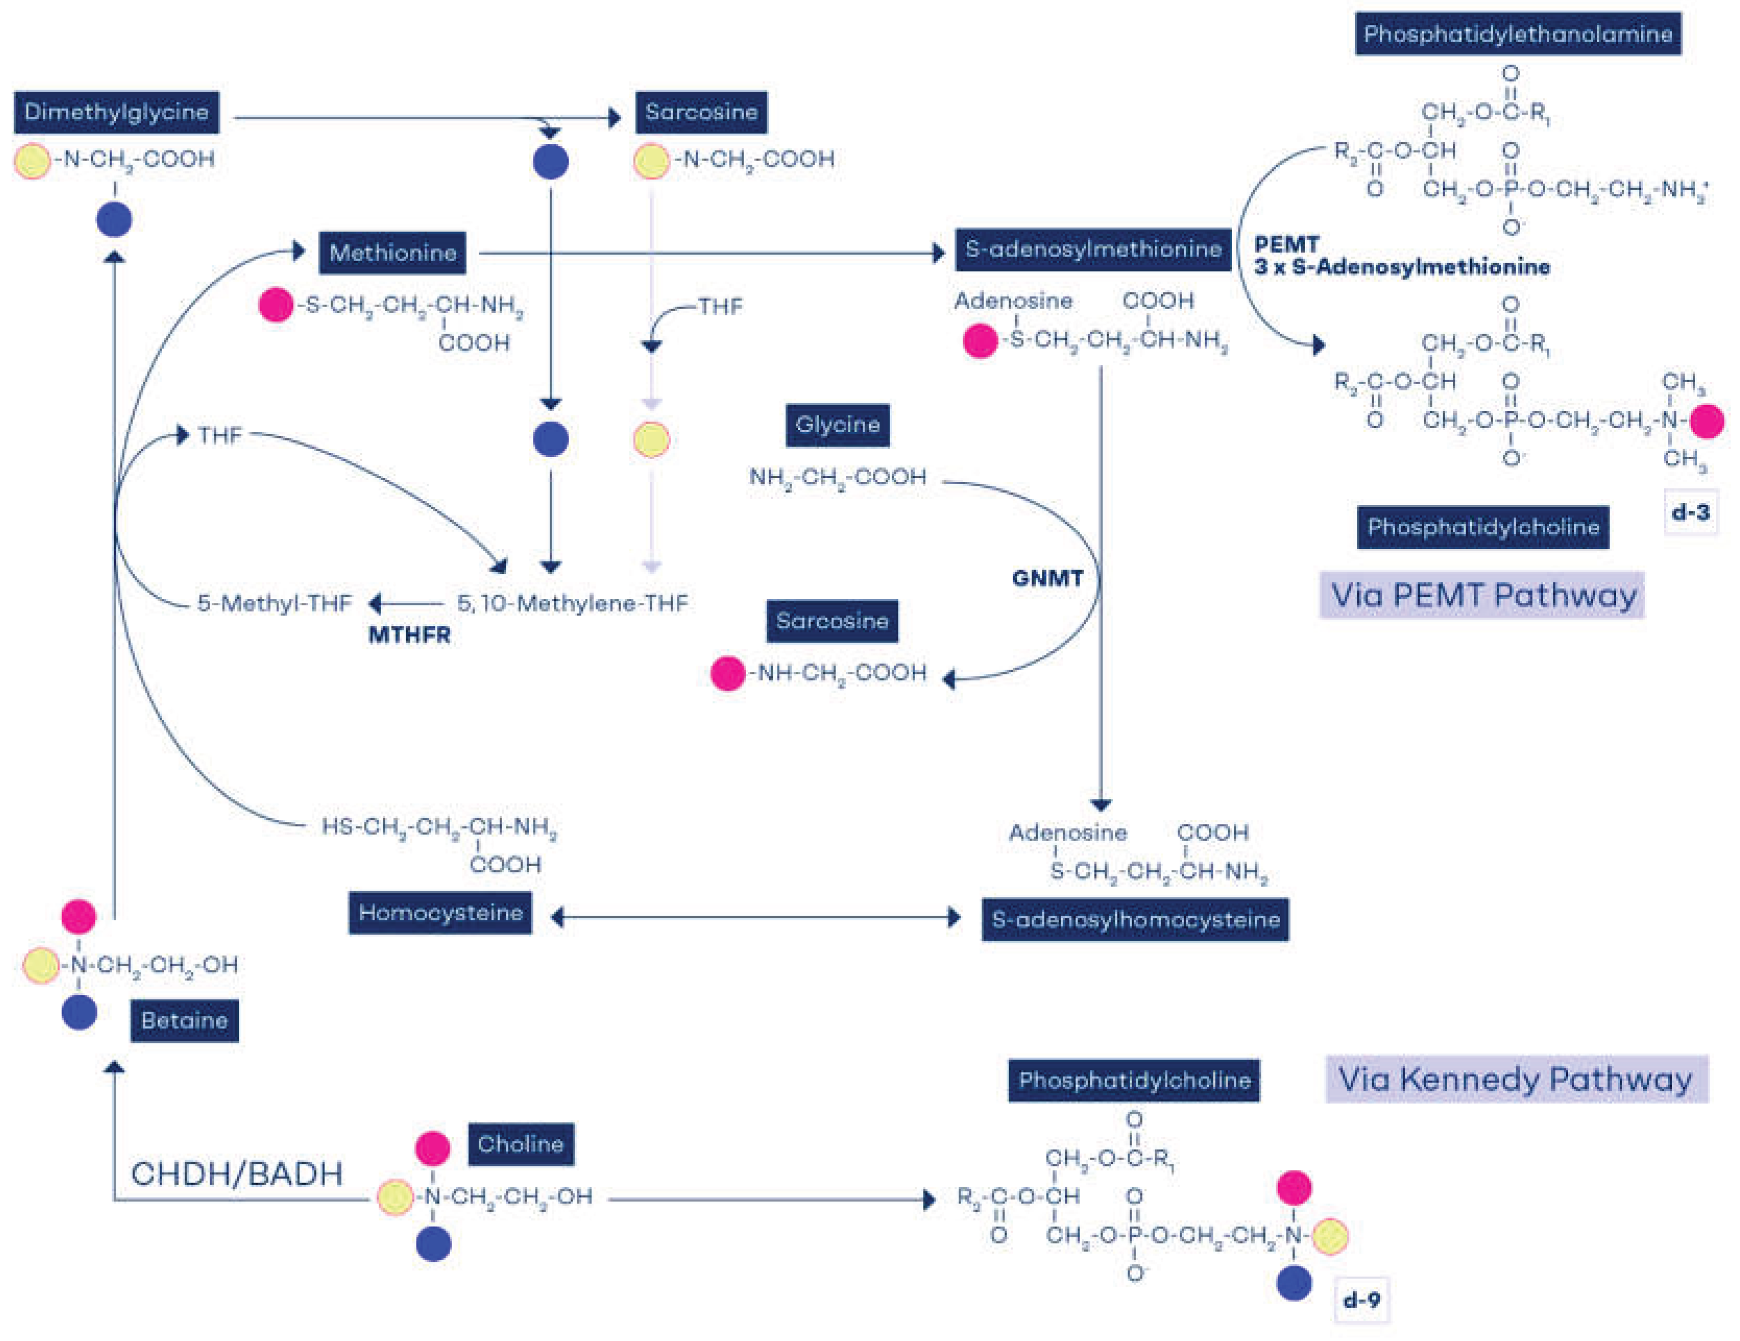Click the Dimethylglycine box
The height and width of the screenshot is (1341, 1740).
pos(116,112)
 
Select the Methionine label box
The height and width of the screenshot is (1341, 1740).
pos(393,253)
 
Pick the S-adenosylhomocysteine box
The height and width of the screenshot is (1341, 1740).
pos(1135,920)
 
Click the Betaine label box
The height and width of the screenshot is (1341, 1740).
pos(184,1021)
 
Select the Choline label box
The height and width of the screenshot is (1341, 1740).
pos(520,1145)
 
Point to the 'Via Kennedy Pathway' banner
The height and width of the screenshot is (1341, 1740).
pos(1516,1080)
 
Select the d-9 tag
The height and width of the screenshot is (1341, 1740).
pos(1361,1300)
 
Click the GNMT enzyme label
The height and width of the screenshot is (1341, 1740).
pos(1048,578)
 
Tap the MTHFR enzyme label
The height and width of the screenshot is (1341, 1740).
pos(409,635)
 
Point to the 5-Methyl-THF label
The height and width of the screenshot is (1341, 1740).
pos(274,604)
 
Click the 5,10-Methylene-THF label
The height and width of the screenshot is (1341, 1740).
pos(572,604)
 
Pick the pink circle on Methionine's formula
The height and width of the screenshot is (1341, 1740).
pos(276,305)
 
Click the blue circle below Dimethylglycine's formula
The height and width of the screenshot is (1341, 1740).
pos(114,220)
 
